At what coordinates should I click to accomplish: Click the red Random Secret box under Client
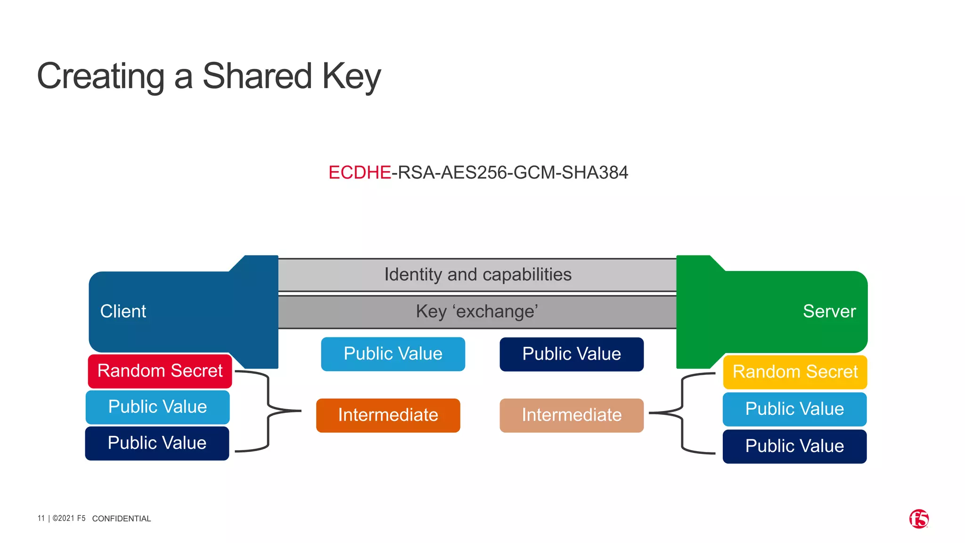coord(160,371)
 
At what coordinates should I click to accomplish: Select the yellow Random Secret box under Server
coord(795,372)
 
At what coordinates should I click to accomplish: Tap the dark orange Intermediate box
coord(388,415)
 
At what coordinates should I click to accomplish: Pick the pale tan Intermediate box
coord(572,415)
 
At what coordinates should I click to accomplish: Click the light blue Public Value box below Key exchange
coord(393,354)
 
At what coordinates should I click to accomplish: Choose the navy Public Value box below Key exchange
coord(572,354)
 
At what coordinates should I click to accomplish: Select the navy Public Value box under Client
coord(157,443)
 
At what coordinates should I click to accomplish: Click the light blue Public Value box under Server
coord(794,409)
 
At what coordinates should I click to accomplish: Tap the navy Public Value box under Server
coord(794,446)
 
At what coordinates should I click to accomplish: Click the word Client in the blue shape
coord(123,312)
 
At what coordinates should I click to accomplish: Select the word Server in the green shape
coord(829,312)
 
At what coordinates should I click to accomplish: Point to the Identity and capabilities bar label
coord(478,275)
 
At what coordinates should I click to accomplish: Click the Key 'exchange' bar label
coord(477,312)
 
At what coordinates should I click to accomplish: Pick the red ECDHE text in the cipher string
coord(360,173)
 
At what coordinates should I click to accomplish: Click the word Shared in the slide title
coord(257,76)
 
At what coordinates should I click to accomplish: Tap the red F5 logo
coord(919,519)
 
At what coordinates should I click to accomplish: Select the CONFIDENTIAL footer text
coord(122,518)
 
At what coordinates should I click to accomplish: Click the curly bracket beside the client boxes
coord(268,411)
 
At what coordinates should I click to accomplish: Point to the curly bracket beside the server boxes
coord(682,413)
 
